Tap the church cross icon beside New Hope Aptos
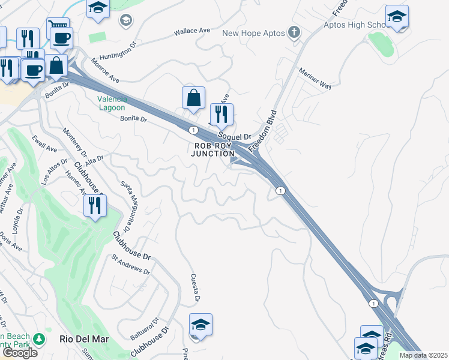point(294,32)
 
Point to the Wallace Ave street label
point(191,31)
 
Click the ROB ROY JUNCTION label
point(212,149)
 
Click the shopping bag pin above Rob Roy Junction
point(193,98)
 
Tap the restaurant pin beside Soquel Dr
point(221,114)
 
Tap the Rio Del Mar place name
point(85,339)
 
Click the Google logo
point(19,353)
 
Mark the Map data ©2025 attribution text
point(424,355)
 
